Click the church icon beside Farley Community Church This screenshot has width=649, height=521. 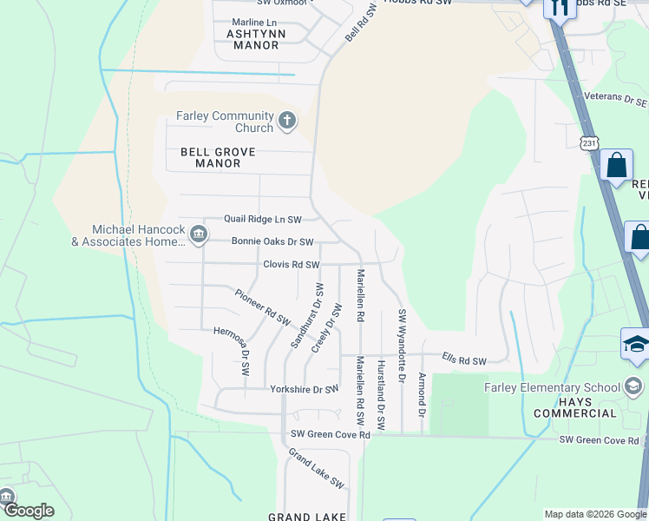(287, 119)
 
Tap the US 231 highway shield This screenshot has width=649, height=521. (590, 142)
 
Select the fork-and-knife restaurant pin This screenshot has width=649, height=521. (559, 8)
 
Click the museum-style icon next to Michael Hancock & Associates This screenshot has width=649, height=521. (199, 233)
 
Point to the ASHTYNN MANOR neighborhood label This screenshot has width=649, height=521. (252, 39)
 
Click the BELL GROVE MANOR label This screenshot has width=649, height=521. (218, 157)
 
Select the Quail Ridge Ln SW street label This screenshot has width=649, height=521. (263, 221)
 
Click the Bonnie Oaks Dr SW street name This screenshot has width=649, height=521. (272, 242)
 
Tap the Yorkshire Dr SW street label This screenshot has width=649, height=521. (304, 390)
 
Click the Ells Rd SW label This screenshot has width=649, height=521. (463, 359)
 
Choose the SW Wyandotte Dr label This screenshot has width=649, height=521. (401, 346)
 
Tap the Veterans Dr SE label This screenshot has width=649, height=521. (616, 98)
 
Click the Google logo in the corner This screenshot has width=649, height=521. (28, 511)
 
